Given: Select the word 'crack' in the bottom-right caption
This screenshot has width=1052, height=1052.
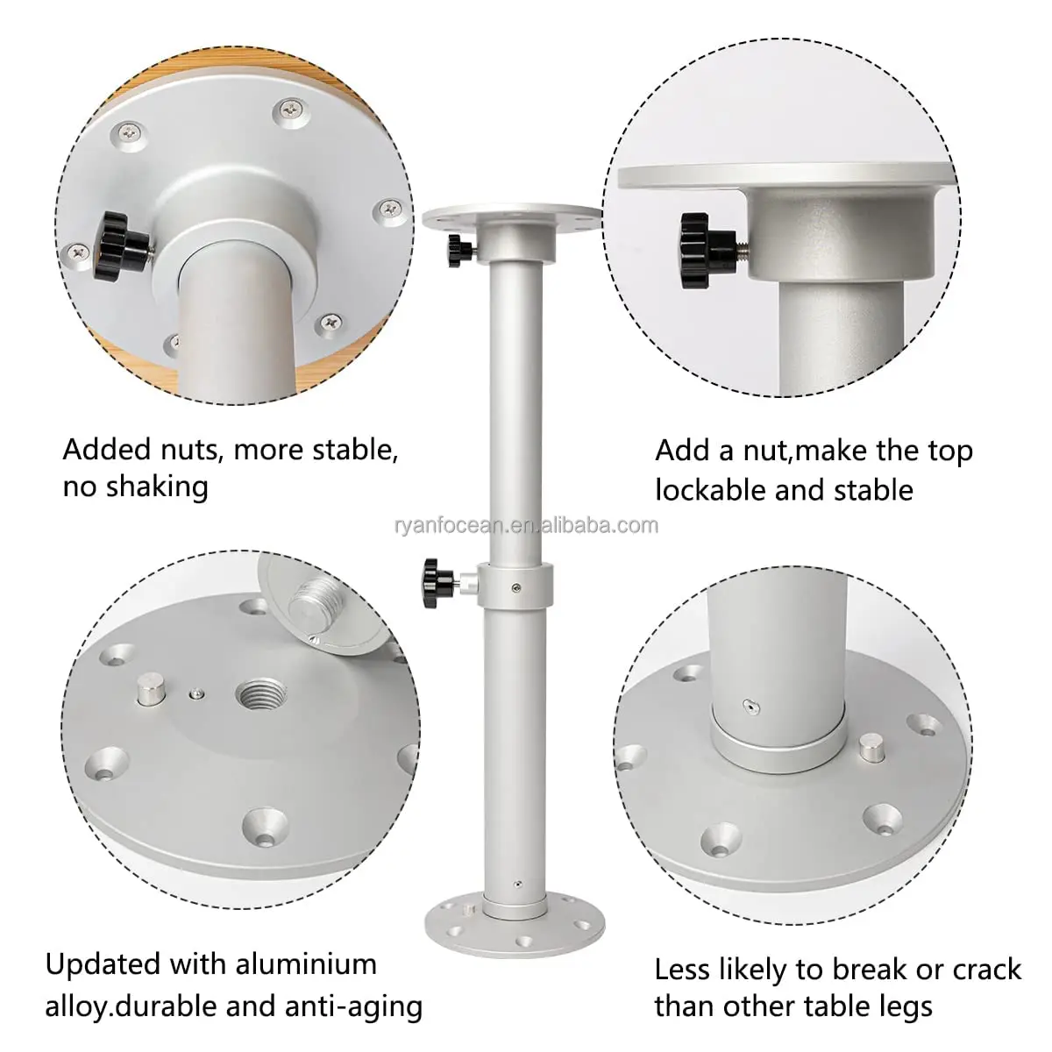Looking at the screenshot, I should tap(982, 969).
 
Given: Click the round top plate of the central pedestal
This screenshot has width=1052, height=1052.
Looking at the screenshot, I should tap(513, 216).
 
